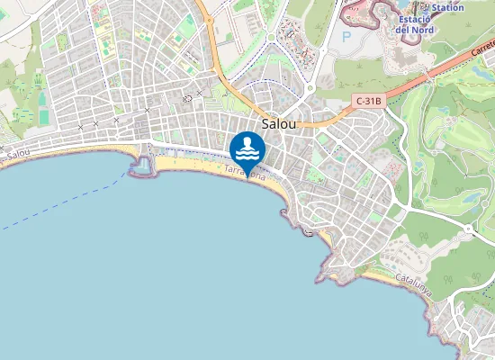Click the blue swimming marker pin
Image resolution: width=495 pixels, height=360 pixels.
247,149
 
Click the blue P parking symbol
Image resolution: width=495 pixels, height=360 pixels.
346,38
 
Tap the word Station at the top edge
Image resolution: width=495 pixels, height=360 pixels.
447,7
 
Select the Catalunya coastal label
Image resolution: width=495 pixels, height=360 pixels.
414,286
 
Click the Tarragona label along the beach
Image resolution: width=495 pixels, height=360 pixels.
244,173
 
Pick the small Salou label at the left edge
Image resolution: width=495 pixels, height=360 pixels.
17,155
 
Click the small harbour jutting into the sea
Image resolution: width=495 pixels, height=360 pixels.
142,165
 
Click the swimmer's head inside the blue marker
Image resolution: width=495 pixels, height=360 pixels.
247,141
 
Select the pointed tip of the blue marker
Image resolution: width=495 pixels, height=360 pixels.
247,177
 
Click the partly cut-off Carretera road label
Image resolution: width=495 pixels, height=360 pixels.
482,56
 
